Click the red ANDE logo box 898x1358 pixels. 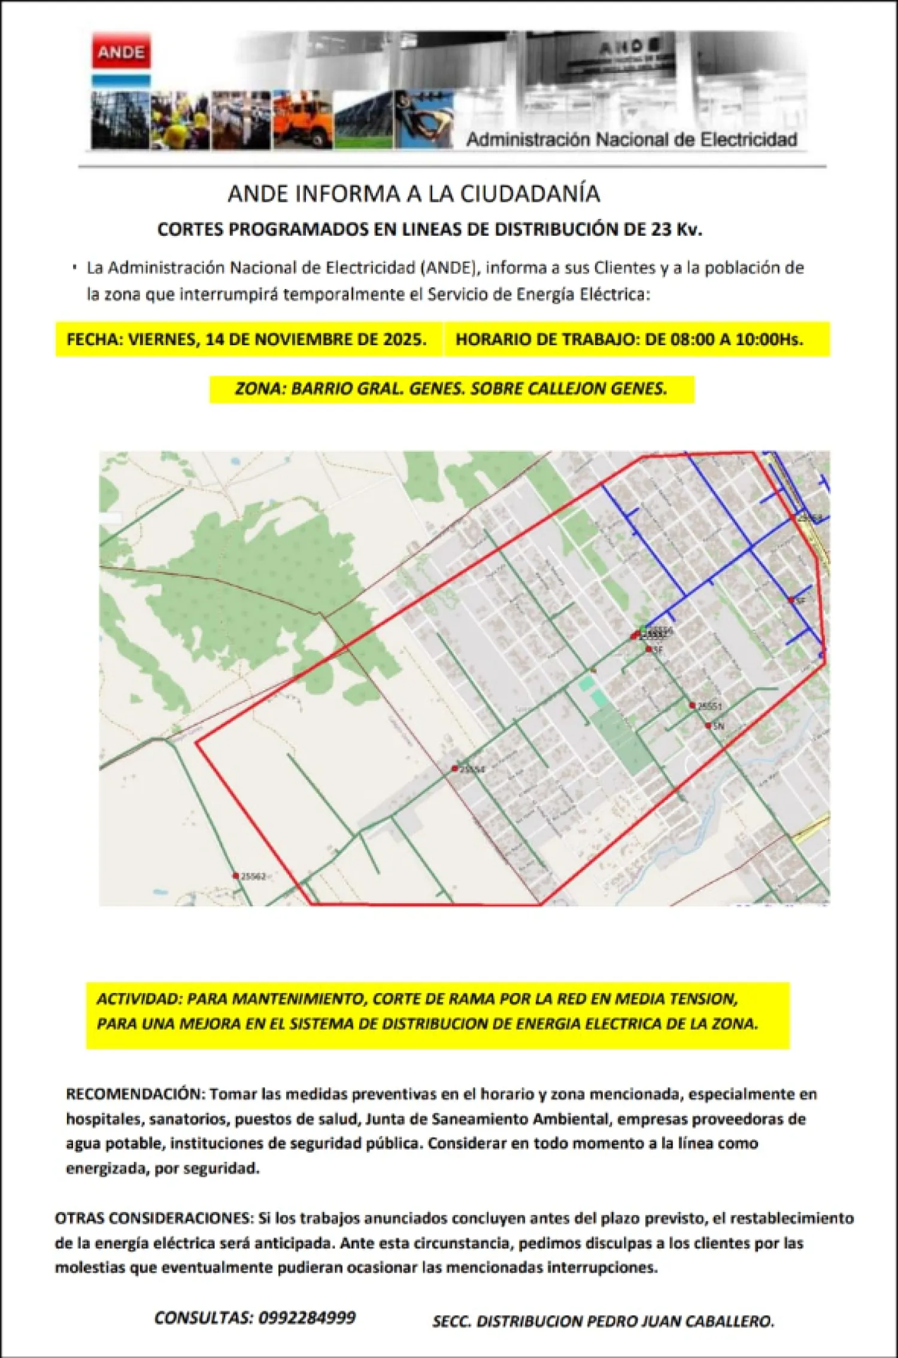[x=121, y=53]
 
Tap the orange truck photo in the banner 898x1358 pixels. [x=303, y=120]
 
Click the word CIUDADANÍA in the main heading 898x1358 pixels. [x=530, y=194]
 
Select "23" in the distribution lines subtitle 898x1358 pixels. [x=662, y=230]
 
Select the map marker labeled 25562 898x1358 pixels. [x=236, y=876]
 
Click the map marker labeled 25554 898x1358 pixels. [x=455, y=769]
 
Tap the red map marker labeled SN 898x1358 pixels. [x=708, y=726]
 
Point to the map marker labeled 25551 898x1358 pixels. [x=693, y=706]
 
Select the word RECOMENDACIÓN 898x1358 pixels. [x=135, y=1094]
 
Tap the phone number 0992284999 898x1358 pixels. [x=307, y=1318]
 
